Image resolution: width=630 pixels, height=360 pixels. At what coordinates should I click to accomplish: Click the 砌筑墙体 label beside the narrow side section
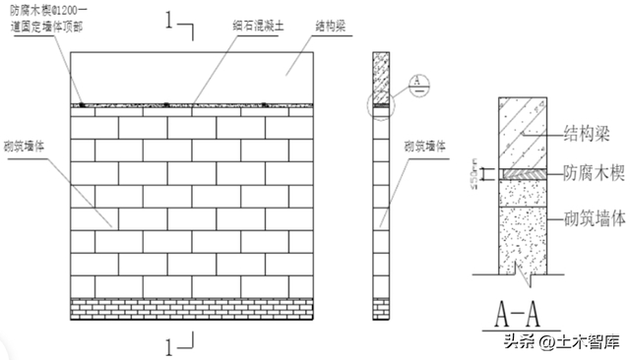tap(426, 145)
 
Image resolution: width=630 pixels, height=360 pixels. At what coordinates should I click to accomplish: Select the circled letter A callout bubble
tap(416, 80)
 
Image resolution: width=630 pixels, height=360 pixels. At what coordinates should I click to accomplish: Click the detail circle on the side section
tap(381, 104)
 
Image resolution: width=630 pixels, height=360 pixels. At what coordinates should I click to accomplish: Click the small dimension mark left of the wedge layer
tap(474, 174)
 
